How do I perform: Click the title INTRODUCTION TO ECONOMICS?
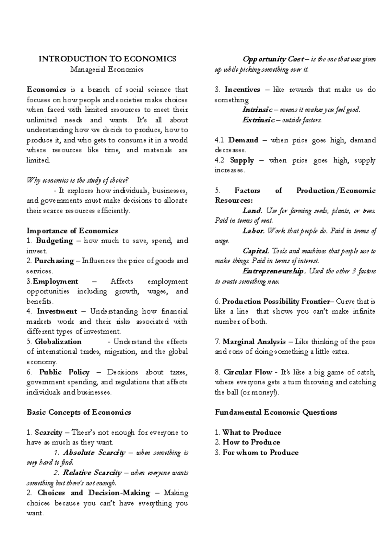pos(107,59)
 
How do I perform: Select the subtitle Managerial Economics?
pos(107,69)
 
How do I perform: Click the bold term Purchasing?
pos(54,261)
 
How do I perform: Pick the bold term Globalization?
pos(58,342)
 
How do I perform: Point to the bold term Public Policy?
pos(64,372)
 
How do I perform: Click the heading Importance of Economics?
pos(72,231)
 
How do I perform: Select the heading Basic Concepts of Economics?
pos(79,412)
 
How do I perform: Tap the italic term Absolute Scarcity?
pos(94,453)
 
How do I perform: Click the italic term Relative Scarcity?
pos(92,473)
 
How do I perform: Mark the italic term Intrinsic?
pos(257,110)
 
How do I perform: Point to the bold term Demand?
pos(243,140)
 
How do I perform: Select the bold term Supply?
pos(242,160)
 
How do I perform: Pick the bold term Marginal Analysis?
pos(254,342)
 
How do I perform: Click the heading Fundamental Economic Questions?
pos(276,412)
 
